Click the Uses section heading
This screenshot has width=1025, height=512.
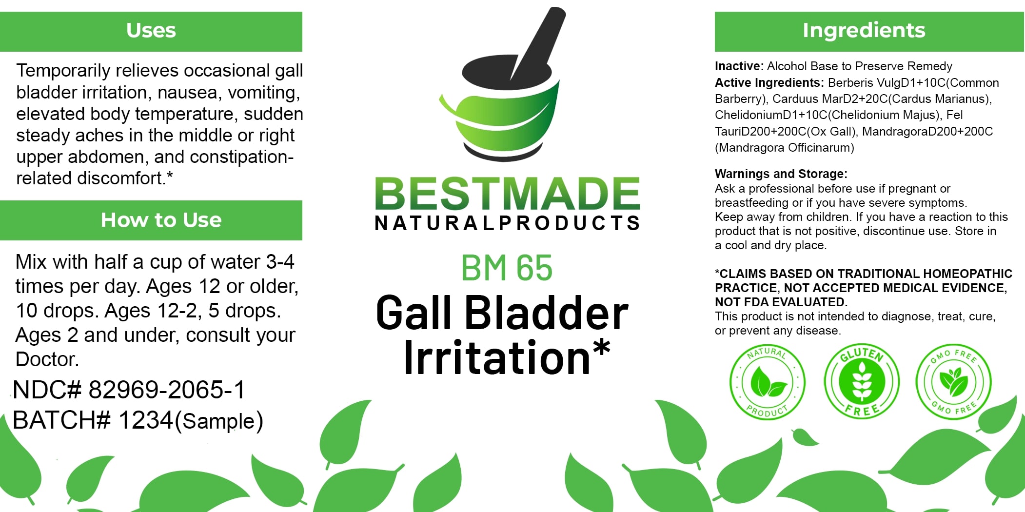[151, 30]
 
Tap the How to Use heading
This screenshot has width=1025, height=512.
[161, 220]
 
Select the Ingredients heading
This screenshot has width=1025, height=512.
[864, 30]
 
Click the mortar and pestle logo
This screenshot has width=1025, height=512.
[502, 83]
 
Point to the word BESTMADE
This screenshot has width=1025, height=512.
[507, 194]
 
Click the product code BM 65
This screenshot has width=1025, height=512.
[507, 268]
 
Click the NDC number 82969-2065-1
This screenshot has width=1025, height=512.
[166, 390]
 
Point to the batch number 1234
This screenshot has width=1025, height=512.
[146, 420]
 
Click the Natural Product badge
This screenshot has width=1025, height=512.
[767, 382]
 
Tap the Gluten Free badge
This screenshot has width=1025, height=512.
[862, 381]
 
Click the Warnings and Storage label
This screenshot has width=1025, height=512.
[781, 174]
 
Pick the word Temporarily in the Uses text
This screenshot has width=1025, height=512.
[63, 71]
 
